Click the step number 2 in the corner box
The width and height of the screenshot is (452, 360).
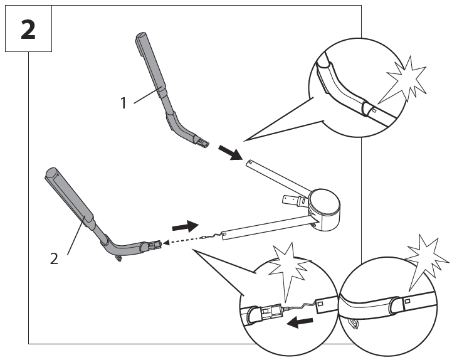28,29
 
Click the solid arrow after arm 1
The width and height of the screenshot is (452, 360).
229,152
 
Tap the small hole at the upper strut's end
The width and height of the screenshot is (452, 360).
250,163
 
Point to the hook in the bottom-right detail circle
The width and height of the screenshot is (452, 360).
355,324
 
